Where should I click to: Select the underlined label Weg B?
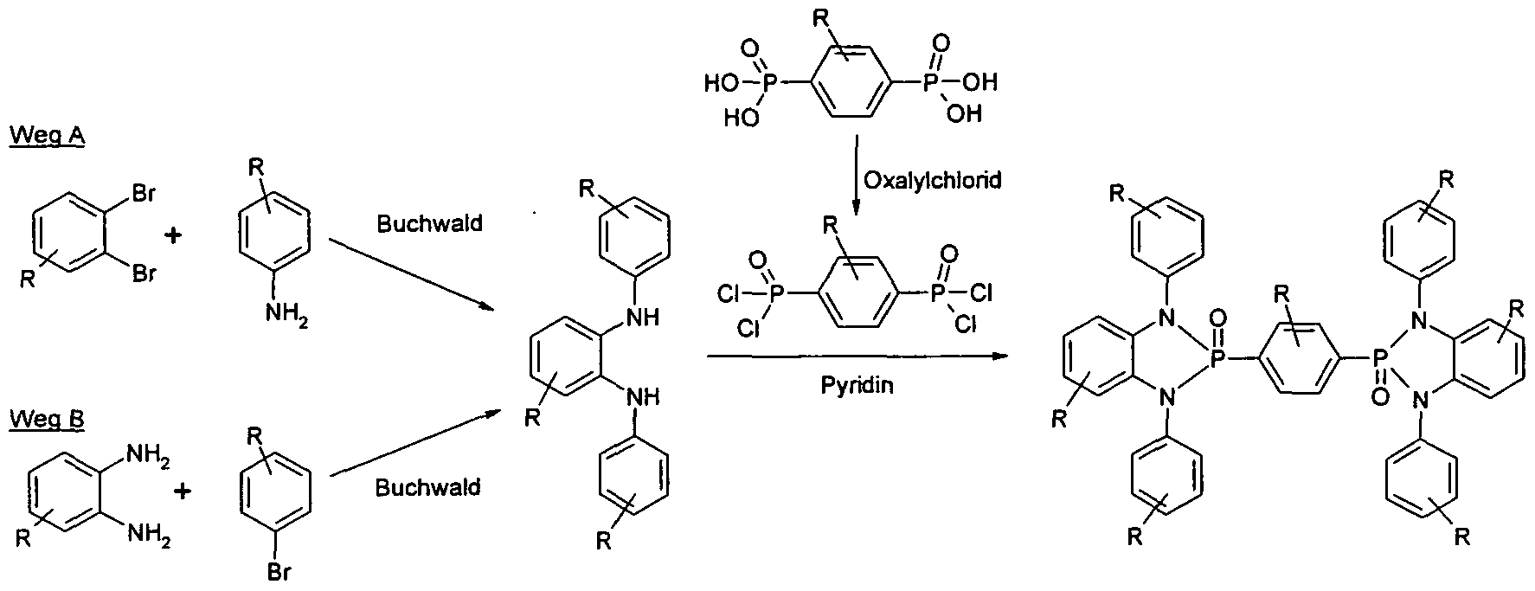click(x=47, y=421)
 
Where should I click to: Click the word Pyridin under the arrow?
click(x=857, y=385)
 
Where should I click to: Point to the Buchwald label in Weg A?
click(x=428, y=223)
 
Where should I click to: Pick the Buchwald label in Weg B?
click(x=427, y=488)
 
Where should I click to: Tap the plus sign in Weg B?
click(x=183, y=491)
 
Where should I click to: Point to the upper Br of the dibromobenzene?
click(x=143, y=193)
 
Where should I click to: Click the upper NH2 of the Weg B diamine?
click(x=148, y=453)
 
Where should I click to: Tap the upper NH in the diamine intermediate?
click(x=643, y=318)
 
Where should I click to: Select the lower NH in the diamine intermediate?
click(x=643, y=397)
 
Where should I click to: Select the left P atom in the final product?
click(x=1218, y=358)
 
